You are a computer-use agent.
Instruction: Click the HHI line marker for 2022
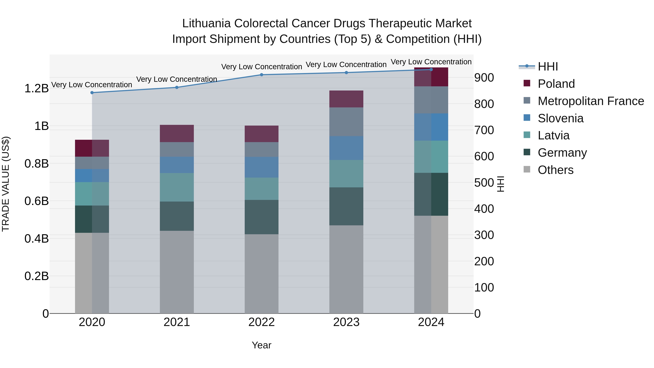pos(261,75)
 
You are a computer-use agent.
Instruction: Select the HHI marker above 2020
pos(92,93)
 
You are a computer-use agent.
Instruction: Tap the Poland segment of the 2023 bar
pos(346,99)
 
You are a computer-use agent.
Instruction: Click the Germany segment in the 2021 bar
pos(177,216)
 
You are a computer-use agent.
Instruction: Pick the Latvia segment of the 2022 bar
pos(261,189)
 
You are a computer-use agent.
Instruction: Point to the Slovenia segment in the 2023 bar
pos(346,148)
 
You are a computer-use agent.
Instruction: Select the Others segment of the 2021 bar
pos(177,272)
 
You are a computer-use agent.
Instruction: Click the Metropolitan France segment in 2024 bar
pos(431,100)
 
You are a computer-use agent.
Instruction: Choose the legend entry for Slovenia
pos(560,118)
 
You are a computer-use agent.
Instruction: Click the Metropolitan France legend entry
pos(591,101)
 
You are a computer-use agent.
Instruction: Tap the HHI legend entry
pos(547,67)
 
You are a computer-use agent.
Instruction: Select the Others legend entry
pos(555,170)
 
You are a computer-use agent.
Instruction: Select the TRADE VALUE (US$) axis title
pos(6,184)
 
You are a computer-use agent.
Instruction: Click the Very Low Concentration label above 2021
pos(177,79)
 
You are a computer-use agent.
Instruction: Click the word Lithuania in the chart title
pos(206,23)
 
